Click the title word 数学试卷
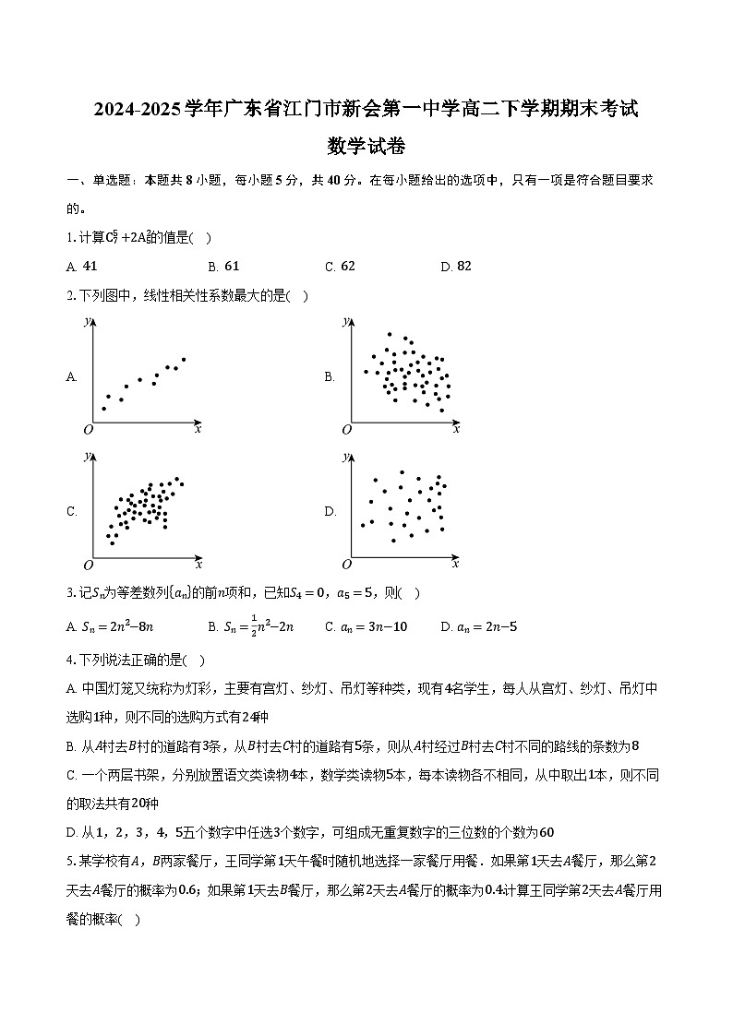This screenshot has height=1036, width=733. tap(366, 146)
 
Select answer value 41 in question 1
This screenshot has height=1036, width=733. tap(90, 266)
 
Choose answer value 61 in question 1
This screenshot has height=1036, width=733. tap(232, 266)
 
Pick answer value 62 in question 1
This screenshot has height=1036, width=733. tap(347, 266)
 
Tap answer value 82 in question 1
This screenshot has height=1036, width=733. tap(463, 266)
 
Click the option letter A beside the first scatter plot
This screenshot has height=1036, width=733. tap(71, 376)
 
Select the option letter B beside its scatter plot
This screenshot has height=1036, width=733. tap(329, 376)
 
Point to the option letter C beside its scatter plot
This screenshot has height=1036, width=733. tap(71, 511)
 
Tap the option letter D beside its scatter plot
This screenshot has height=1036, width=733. tap(330, 511)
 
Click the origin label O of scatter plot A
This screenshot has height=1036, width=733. tap(89, 430)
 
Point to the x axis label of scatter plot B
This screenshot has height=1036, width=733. tap(456, 428)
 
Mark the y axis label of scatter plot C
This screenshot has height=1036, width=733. tap(87, 456)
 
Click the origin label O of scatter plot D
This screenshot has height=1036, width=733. tap(347, 565)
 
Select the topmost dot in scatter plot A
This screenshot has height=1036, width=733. tap(184, 359)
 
